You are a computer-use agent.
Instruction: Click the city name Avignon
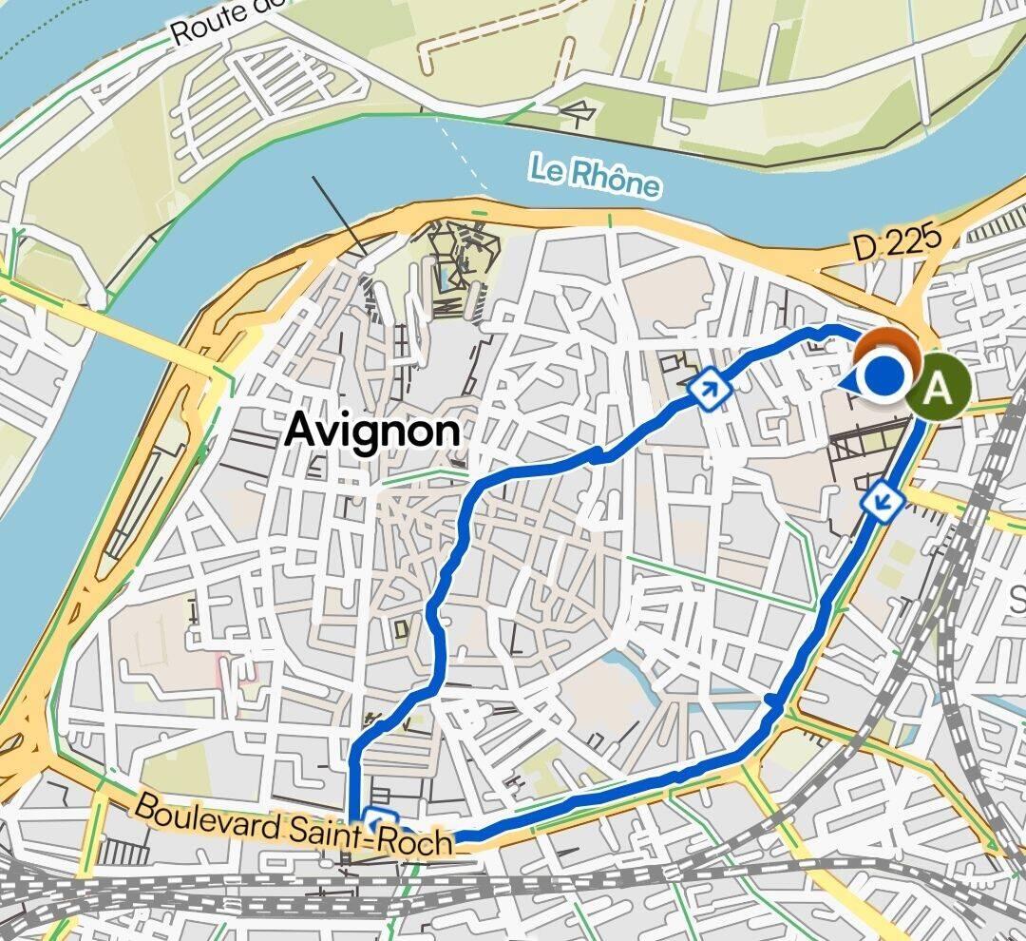point(372,431)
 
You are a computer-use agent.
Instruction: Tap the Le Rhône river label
point(594,177)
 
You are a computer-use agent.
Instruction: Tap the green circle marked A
point(939,388)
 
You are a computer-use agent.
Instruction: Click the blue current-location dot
point(885,377)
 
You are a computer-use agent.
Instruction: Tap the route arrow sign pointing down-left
point(883,498)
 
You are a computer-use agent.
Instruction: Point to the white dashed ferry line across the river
point(465,159)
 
